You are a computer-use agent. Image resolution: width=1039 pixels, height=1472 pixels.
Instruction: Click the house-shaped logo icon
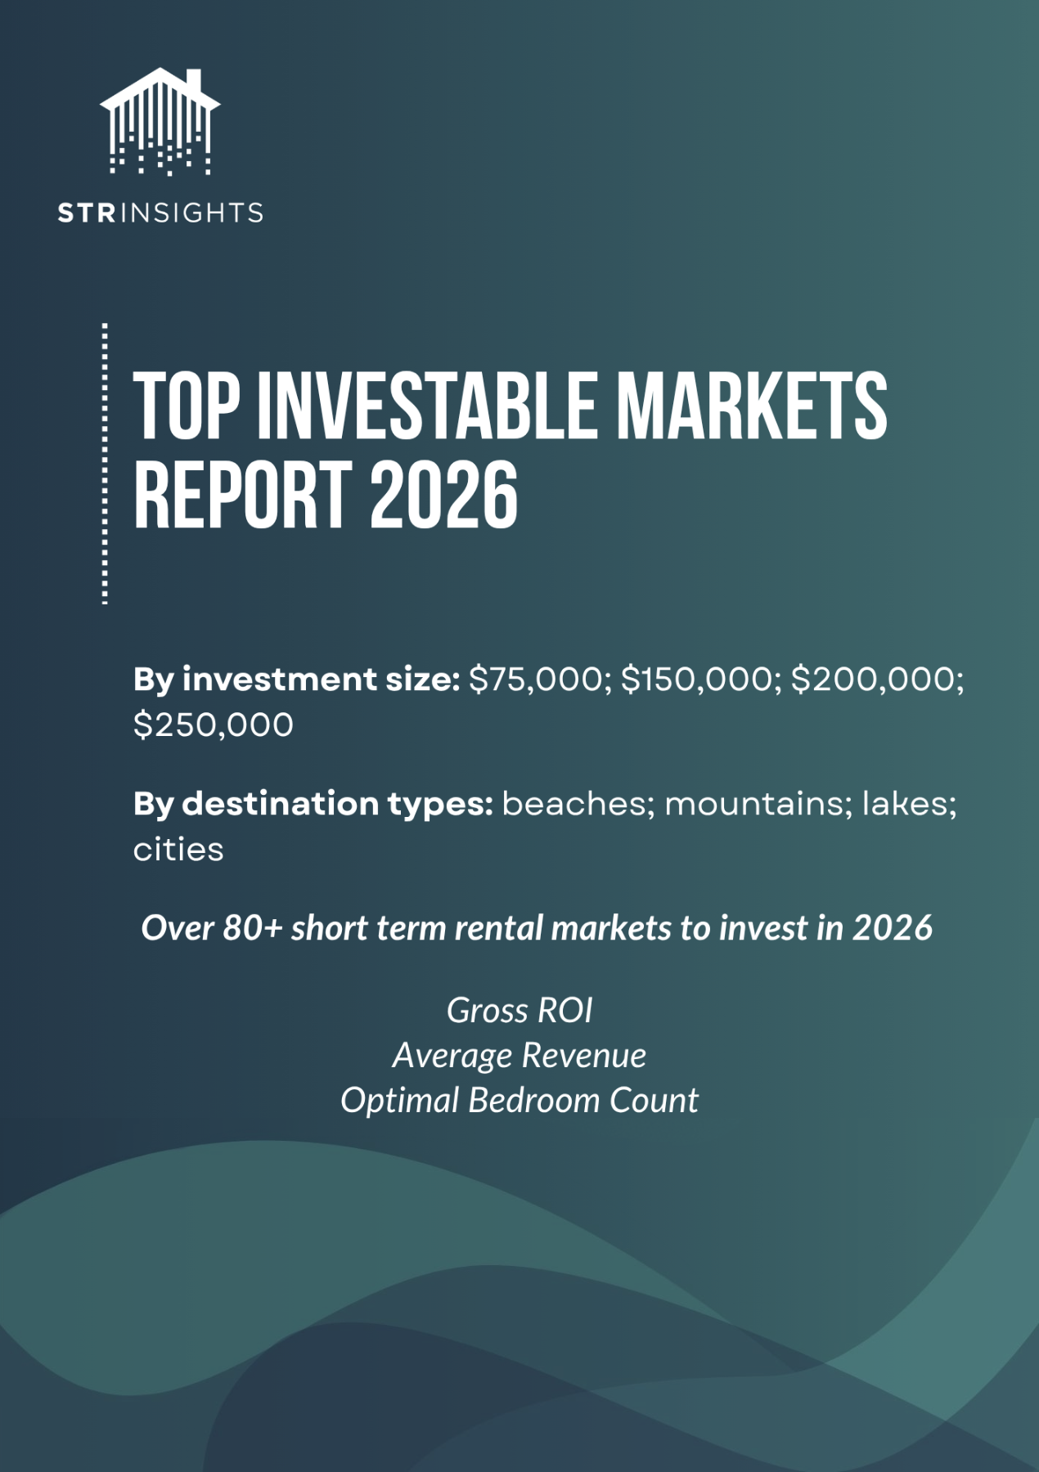pos(160,121)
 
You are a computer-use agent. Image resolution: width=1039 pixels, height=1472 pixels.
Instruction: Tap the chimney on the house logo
pos(194,81)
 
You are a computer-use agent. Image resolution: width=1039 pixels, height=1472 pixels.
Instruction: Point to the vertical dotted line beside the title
pos(105,464)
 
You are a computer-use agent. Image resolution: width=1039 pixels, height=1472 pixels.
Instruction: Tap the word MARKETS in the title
pos(751,406)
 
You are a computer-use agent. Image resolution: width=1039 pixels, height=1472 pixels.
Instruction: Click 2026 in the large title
pos(444,495)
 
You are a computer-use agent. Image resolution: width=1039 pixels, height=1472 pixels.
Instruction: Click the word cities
pos(178,850)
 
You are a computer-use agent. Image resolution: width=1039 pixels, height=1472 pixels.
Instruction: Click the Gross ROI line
pos(519,1011)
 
